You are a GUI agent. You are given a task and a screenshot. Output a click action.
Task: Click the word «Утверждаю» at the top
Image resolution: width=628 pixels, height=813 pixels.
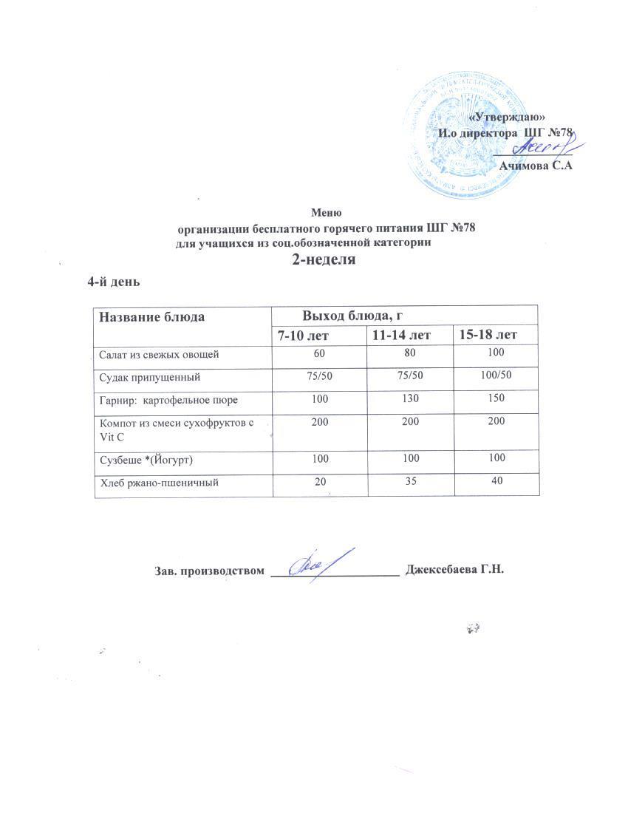coord(508,117)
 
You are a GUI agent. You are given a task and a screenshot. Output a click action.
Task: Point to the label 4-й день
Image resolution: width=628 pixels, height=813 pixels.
coord(114,282)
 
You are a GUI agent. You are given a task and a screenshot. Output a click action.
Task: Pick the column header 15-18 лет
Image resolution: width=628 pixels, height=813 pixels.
coord(488,336)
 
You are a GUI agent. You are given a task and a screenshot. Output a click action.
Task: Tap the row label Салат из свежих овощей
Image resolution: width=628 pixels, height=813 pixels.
coord(159,355)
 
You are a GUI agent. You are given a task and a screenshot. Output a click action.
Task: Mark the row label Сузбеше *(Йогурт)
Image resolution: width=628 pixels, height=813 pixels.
coord(146,460)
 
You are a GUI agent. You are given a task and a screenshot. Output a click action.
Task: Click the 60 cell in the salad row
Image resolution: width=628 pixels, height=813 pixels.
coord(320,355)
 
